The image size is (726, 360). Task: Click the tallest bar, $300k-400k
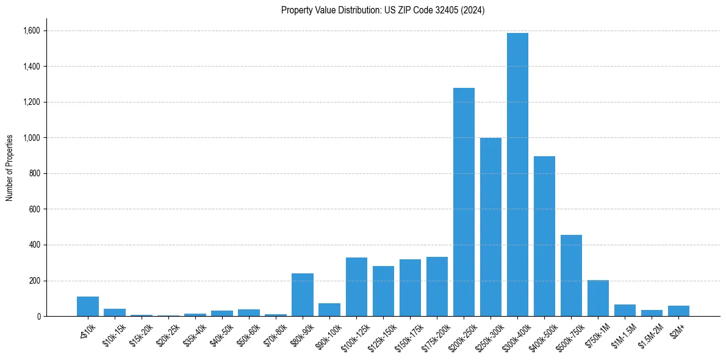[517, 175]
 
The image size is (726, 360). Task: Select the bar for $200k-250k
[464, 202]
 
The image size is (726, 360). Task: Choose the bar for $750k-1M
[598, 298]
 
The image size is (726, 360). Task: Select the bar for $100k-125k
[356, 287]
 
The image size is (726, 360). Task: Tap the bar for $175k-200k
[437, 287]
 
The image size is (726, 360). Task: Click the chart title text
[383, 10]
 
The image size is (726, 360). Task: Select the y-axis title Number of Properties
[10, 168]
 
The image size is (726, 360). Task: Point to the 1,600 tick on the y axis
[32, 31]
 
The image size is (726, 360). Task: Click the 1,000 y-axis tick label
[32, 138]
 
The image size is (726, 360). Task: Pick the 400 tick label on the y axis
[35, 245]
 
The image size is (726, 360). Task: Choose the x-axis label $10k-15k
[114, 335]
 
